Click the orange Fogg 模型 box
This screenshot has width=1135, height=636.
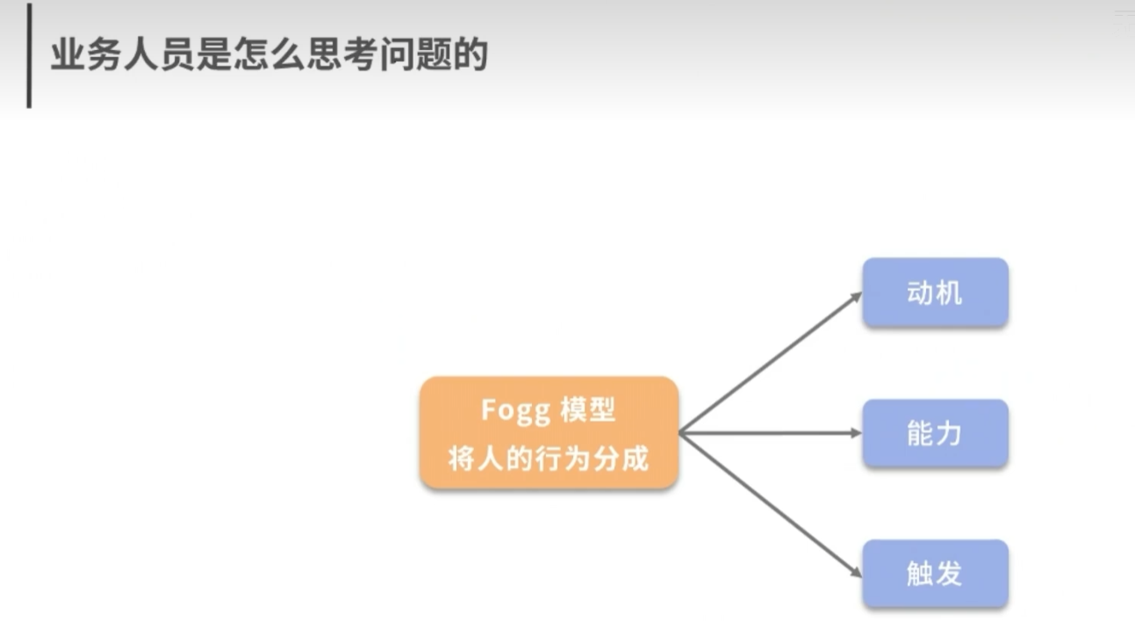click(x=549, y=432)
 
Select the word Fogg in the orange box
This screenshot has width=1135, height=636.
click(x=516, y=410)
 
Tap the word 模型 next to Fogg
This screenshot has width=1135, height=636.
click(x=589, y=410)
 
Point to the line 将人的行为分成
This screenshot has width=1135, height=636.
click(x=549, y=458)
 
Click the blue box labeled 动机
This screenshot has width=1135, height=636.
click(x=935, y=293)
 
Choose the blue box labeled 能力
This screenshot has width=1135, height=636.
click(x=935, y=433)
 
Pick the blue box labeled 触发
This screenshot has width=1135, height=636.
click(x=935, y=574)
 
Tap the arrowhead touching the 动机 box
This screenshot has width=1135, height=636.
click(x=856, y=297)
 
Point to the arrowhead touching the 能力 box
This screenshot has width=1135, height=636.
click(x=856, y=433)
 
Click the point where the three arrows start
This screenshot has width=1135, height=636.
click(x=681, y=433)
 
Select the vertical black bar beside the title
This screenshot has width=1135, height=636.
click(x=29, y=55)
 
